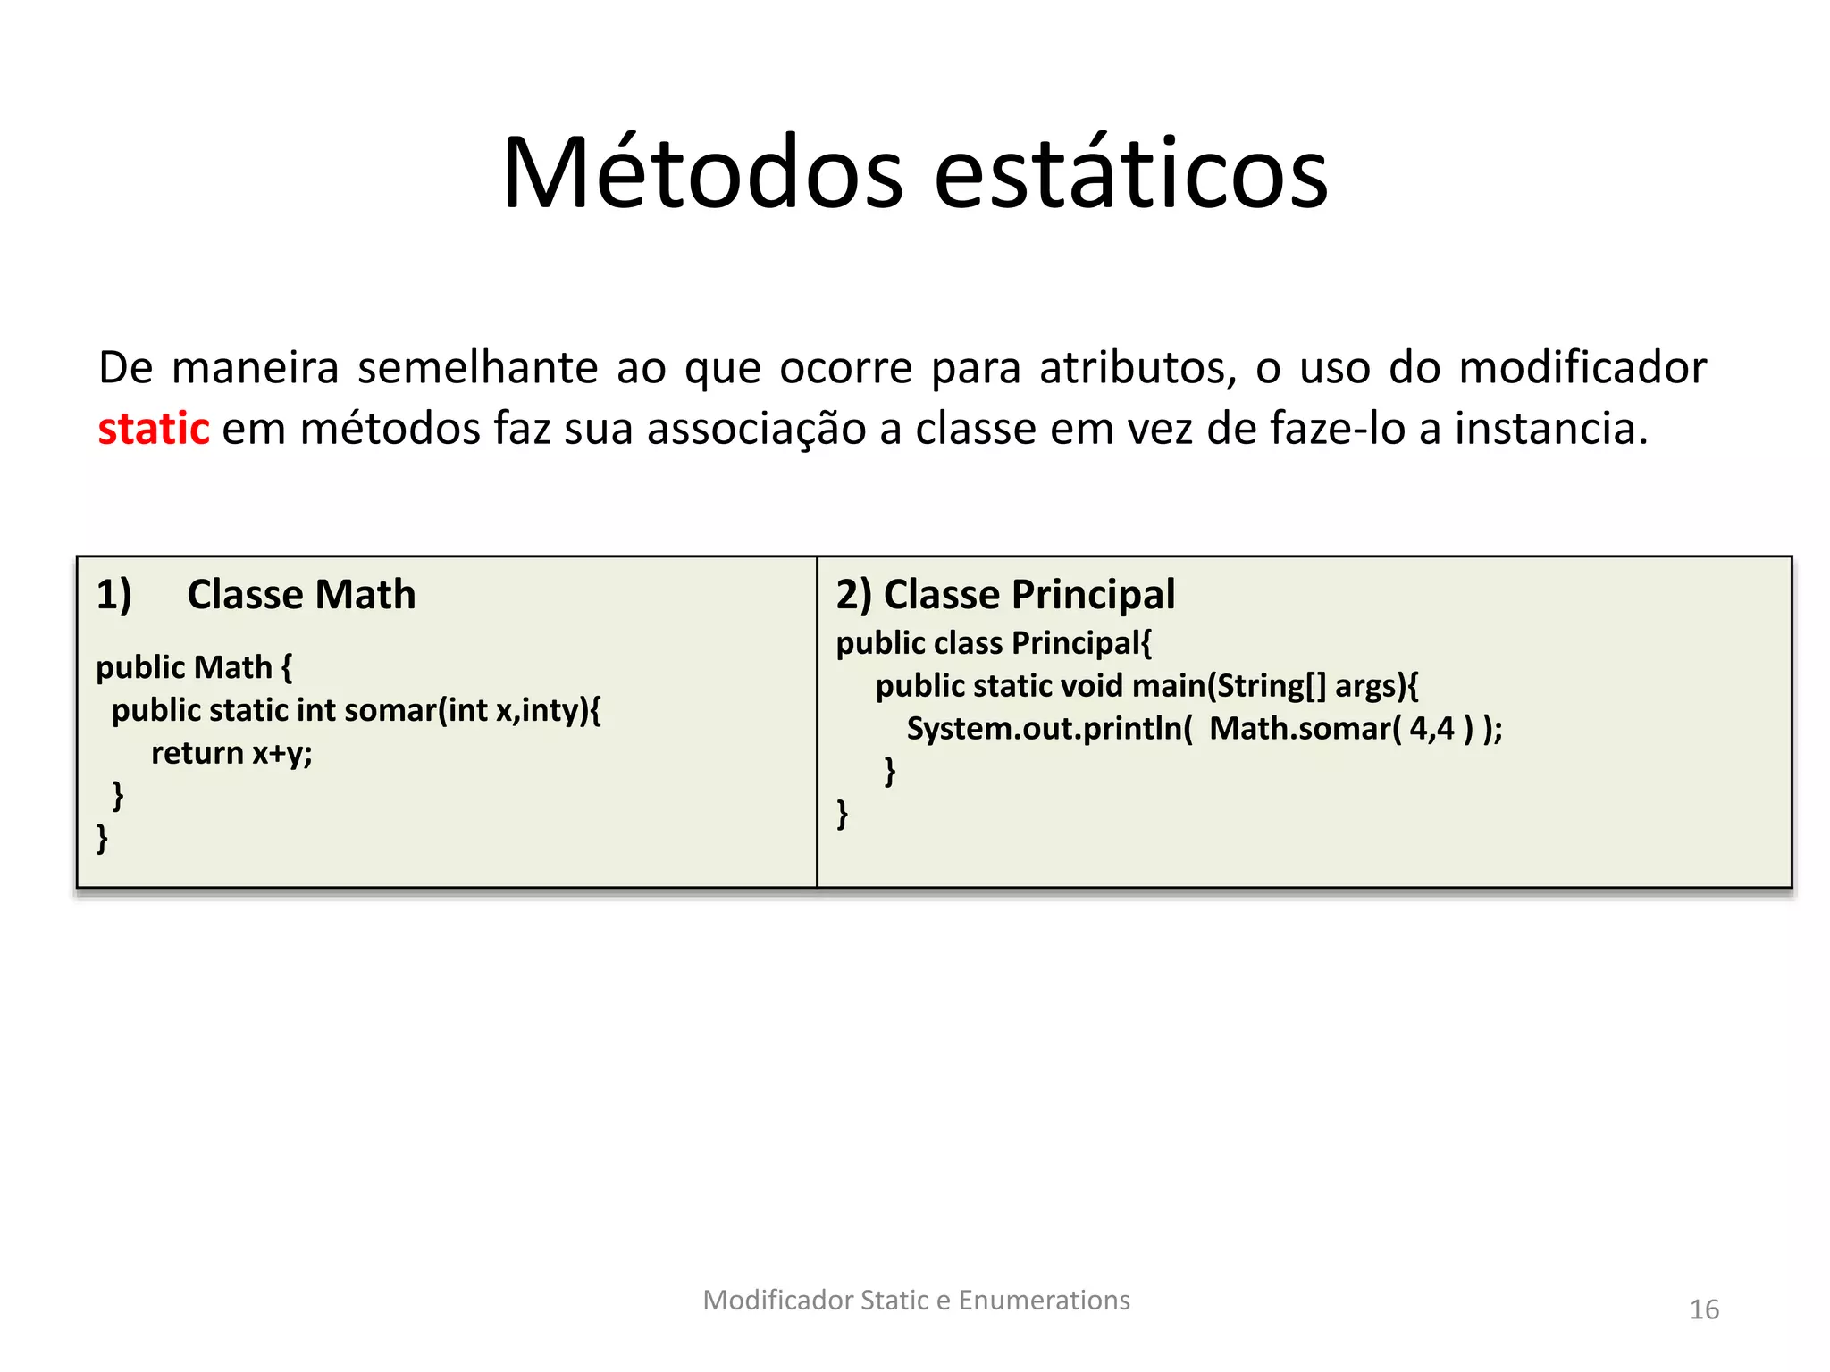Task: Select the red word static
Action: pyautogui.click(x=153, y=429)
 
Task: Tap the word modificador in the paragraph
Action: pyautogui.click(x=1582, y=368)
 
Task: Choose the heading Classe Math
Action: pyautogui.click(x=301, y=595)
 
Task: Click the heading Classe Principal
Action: pyautogui.click(x=1028, y=595)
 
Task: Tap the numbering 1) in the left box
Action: pyautogui.click(x=113, y=595)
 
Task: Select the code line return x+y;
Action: pyautogui.click(x=231, y=753)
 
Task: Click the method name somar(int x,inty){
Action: pyautogui.click(x=472, y=710)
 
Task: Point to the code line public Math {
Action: pyautogui.click(x=194, y=667)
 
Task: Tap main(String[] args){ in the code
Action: pyautogui.click(x=1274, y=686)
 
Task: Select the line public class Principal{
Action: pyautogui.click(x=994, y=643)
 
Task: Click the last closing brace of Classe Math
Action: pyautogui.click(x=102, y=838)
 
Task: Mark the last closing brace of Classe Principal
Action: pyautogui.click(x=842, y=813)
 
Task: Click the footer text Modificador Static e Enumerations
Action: pyautogui.click(x=916, y=1300)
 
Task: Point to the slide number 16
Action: pyautogui.click(x=1703, y=1309)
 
